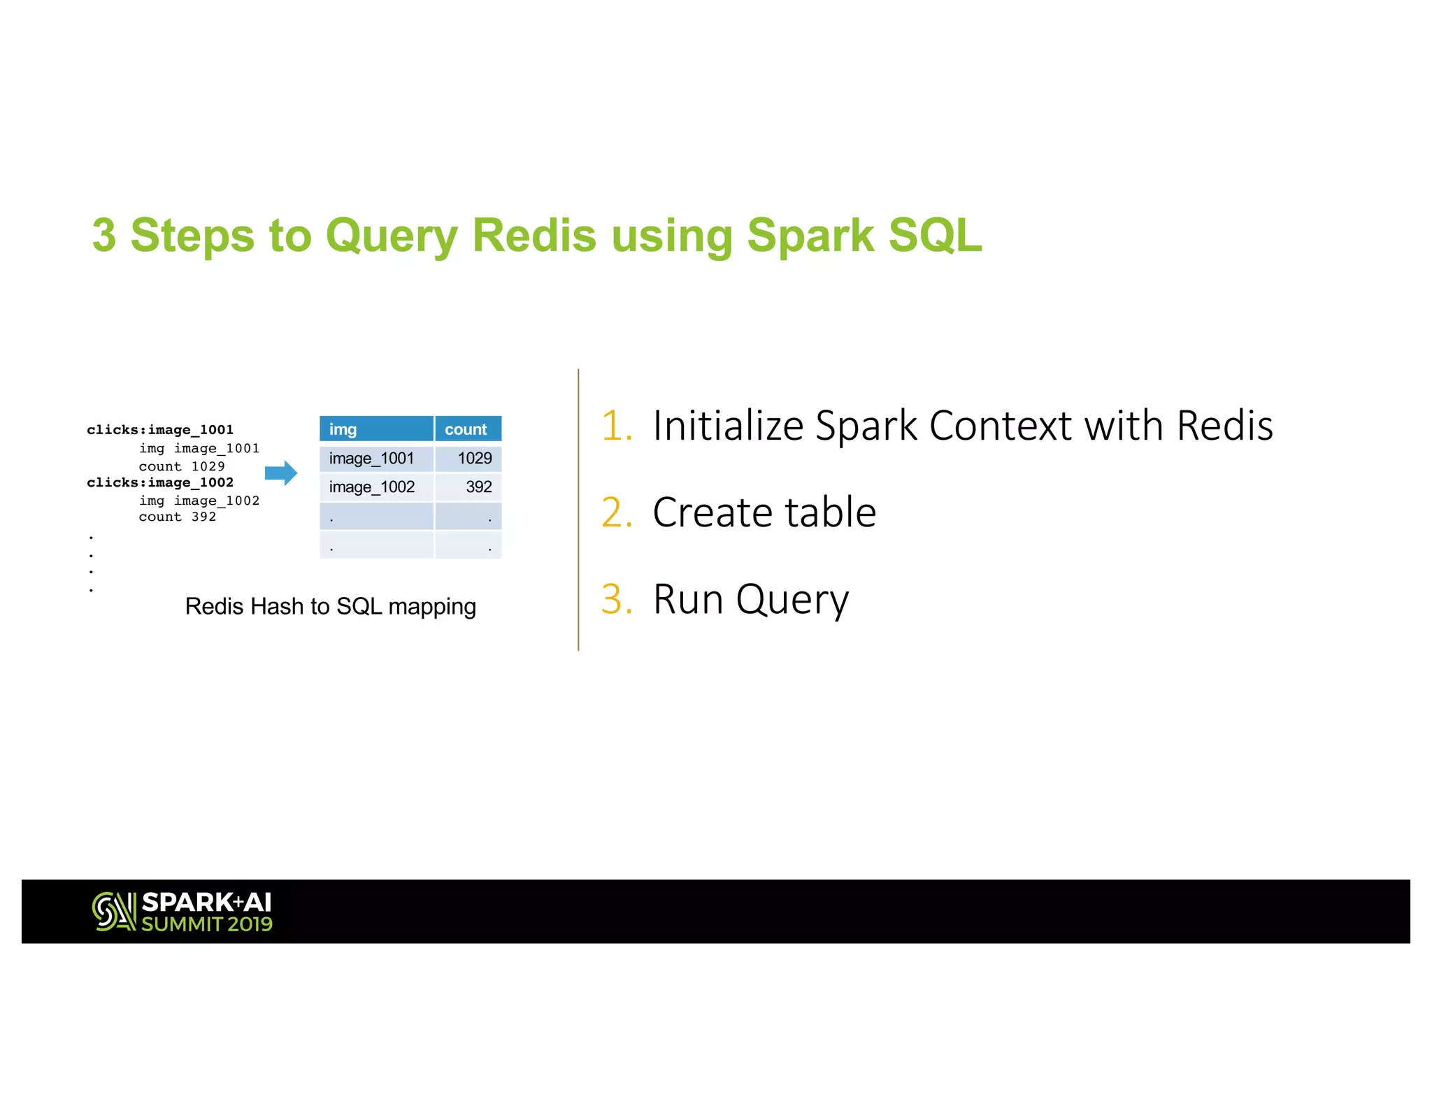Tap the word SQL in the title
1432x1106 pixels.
click(x=935, y=235)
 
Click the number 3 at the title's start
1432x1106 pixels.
click(x=104, y=235)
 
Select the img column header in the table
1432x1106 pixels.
click(x=376, y=429)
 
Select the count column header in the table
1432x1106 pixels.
click(x=466, y=429)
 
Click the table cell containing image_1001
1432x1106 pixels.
click(x=376, y=458)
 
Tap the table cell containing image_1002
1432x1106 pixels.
click(x=376, y=487)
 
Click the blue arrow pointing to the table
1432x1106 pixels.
click(x=281, y=473)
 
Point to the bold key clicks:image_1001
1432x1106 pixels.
click(x=160, y=429)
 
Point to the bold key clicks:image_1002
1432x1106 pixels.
click(x=160, y=482)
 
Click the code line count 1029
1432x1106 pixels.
click(x=182, y=466)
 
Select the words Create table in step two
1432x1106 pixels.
click(x=764, y=512)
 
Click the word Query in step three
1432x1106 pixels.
click(x=792, y=600)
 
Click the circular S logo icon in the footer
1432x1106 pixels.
click(x=113, y=911)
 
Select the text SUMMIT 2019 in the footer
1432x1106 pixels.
click(x=207, y=924)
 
